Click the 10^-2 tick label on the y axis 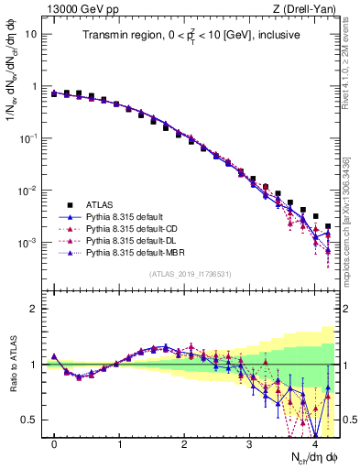(x=28, y=191)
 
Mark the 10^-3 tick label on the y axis (x=28, y=243)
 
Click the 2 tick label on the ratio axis (x=33, y=309)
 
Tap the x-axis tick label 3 (x=250, y=444)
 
